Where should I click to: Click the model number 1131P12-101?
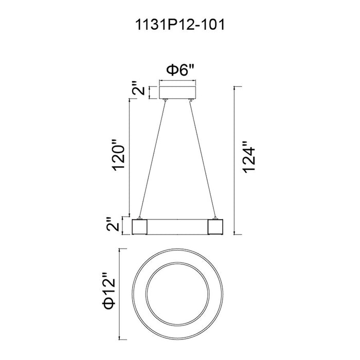[x=180, y=25]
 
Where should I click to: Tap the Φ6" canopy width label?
[x=180, y=70]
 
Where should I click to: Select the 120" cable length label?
[x=119, y=154]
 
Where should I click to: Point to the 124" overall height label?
[x=249, y=157]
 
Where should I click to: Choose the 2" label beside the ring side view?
[x=113, y=224]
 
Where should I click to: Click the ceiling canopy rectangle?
[x=177, y=93]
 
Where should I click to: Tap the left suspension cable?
[x=152, y=159]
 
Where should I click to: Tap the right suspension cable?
[x=203, y=159]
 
